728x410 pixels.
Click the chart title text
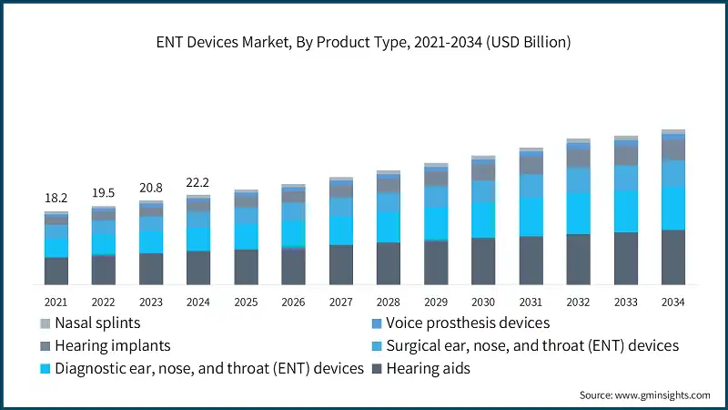pos(364,42)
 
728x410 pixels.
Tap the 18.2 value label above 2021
pos(56,198)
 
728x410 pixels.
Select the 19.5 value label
pos(103,193)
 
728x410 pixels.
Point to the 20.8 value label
pos(150,188)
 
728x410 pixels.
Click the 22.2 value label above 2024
pos(198,182)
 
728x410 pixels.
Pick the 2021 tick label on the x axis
pos(56,302)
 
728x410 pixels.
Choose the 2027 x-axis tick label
pos(340,302)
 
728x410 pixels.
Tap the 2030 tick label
pos(482,302)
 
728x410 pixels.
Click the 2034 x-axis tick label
pos(672,302)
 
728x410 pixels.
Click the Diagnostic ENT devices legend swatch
pos(45,369)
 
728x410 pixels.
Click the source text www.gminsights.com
pos(644,395)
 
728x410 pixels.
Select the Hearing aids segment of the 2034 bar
pos(672,258)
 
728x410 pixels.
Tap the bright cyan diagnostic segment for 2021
pos(56,248)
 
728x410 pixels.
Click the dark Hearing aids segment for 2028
pos(388,264)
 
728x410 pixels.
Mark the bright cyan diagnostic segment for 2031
pos(531,217)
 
